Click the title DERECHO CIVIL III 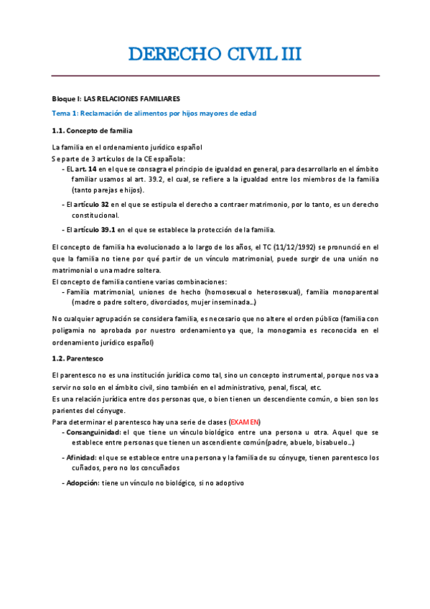pos(215,55)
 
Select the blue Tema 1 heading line pos(154,113)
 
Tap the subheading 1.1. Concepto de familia pos(92,130)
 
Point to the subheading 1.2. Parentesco pos(79,359)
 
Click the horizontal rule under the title pos(215,75)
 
